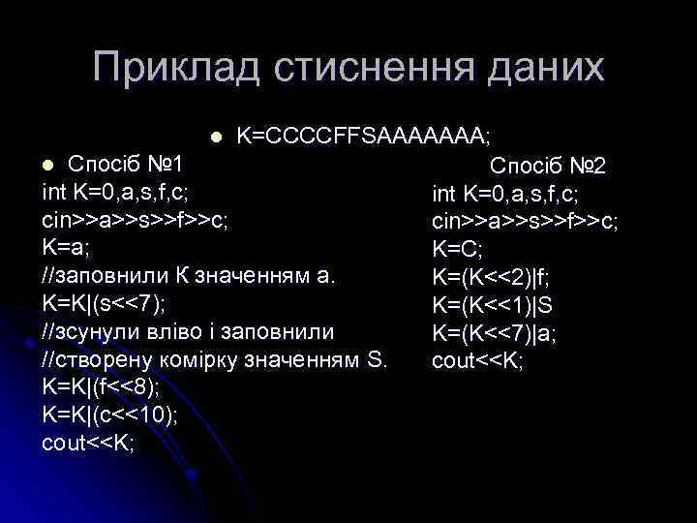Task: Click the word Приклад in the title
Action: pos(176,69)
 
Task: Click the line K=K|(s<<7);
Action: pos(104,303)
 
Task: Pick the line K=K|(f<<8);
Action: pos(102,387)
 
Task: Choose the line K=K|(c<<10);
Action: pos(108,415)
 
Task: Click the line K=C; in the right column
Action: pos(458,249)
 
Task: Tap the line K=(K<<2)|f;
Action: pos(493,278)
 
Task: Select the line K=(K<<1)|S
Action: pos(493,306)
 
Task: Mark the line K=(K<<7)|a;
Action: pos(494,334)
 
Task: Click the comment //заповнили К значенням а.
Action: pos(190,275)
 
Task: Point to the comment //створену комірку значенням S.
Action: pos(215,359)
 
